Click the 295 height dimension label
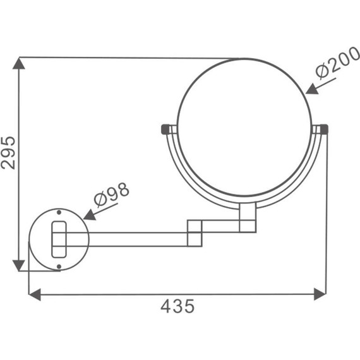8,153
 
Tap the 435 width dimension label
177,306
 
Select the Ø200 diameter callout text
337,62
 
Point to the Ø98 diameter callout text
112,195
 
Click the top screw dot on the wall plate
59,212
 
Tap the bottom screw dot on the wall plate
59,267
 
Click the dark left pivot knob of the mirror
165,129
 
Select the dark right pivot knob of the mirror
324,129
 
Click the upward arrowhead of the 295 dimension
19,63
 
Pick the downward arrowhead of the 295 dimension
19,266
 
